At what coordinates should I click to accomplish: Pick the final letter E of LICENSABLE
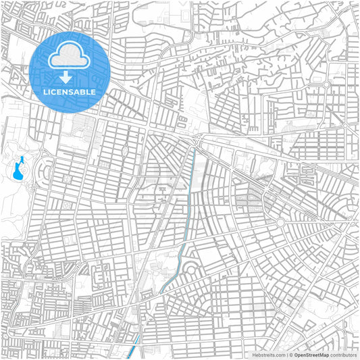(x=93, y=91)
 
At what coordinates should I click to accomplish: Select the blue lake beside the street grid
(x=17, y=170)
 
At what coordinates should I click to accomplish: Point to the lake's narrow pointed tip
(x=22, y=159)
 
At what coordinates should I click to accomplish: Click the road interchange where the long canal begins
(x=198, y=140)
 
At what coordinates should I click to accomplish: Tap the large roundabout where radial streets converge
(x=280, y=222)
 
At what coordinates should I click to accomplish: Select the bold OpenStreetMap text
(x=312, y=354)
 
